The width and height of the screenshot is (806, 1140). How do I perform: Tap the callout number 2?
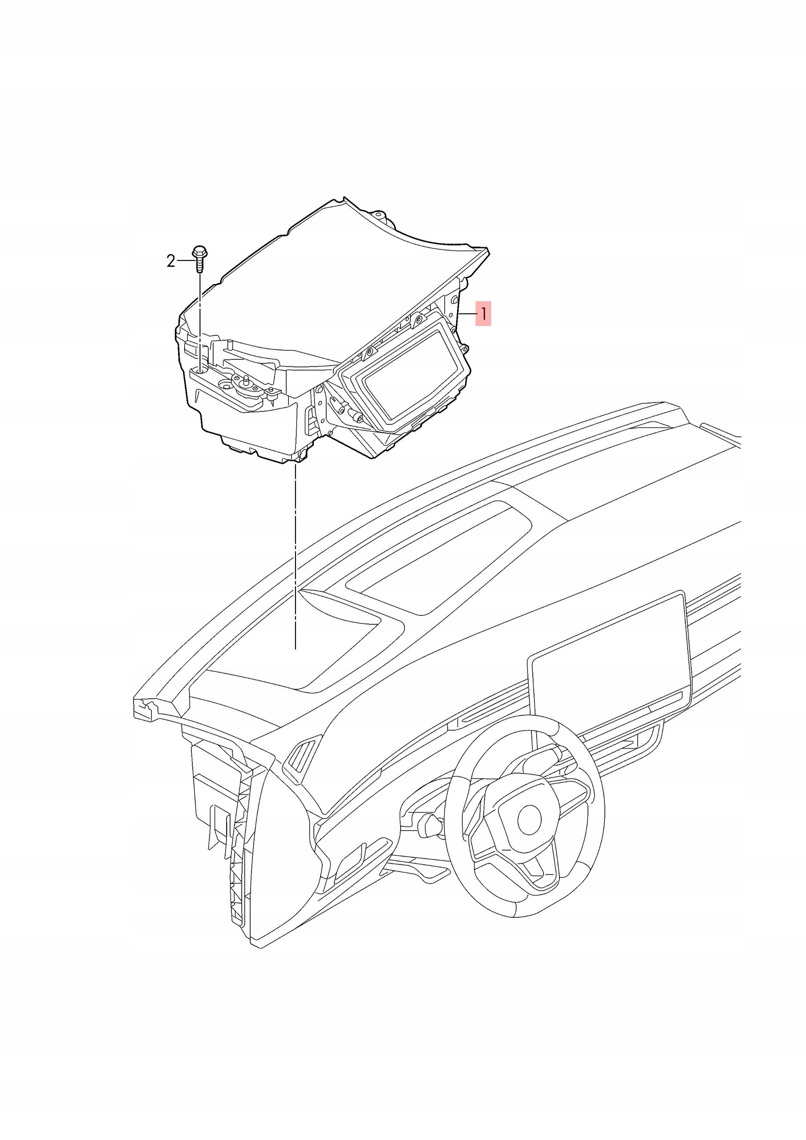coord(171,261)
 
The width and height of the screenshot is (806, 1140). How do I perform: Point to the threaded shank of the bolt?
coord(199,266)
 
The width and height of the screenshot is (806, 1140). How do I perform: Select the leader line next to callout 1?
coord(467,314)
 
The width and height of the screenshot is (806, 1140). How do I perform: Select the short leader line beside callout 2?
coord(185,260)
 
